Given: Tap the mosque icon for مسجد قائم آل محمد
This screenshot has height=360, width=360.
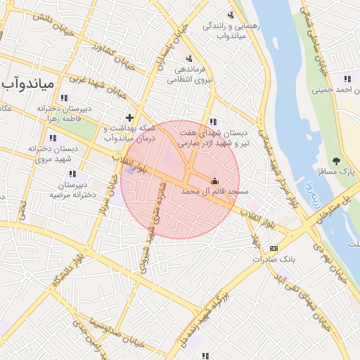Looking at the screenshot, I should click(x=214, y=180).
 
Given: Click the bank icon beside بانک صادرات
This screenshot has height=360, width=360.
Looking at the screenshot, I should click(x=274, y=248).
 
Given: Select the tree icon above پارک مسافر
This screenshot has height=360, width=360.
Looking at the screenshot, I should click(x=336, y=161).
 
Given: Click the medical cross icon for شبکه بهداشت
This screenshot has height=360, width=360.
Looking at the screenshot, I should click(x=129, y=117).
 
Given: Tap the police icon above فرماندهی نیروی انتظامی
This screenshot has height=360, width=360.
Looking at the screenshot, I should click(x=188, y=58).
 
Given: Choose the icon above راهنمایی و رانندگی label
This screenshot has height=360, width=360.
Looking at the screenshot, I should click(x=231, y=15).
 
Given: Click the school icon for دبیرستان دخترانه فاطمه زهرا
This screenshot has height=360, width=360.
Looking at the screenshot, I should click(x=65, y=98).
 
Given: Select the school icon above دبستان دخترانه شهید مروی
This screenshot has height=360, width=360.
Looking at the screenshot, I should click(x=53, y=138).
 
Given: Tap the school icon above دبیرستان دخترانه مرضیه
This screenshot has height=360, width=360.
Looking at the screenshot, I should click(x=75, y=174).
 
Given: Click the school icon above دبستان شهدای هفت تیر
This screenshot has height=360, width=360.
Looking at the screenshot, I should click(x=213, y=121).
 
